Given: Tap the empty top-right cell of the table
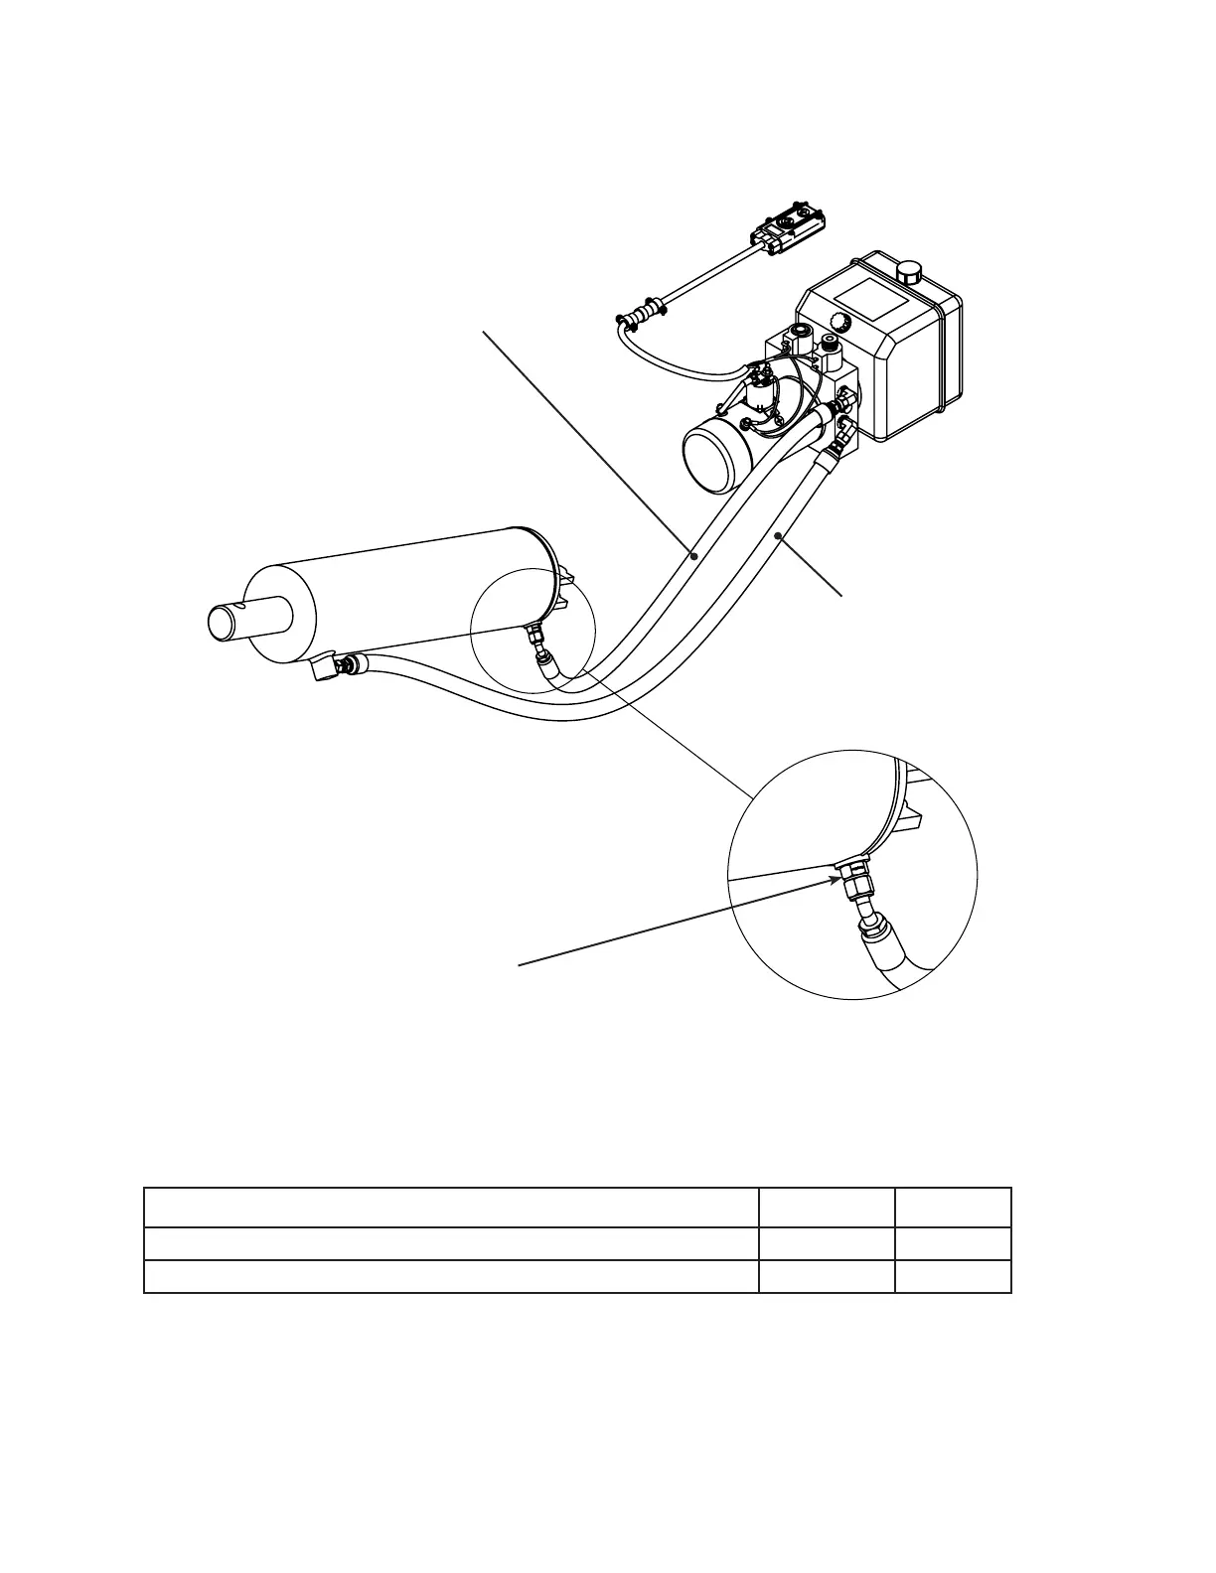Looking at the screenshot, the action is click(952, 1208).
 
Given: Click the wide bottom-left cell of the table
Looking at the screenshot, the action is click(451, 1276).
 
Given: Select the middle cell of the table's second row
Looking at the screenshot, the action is click(826, 1243).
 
